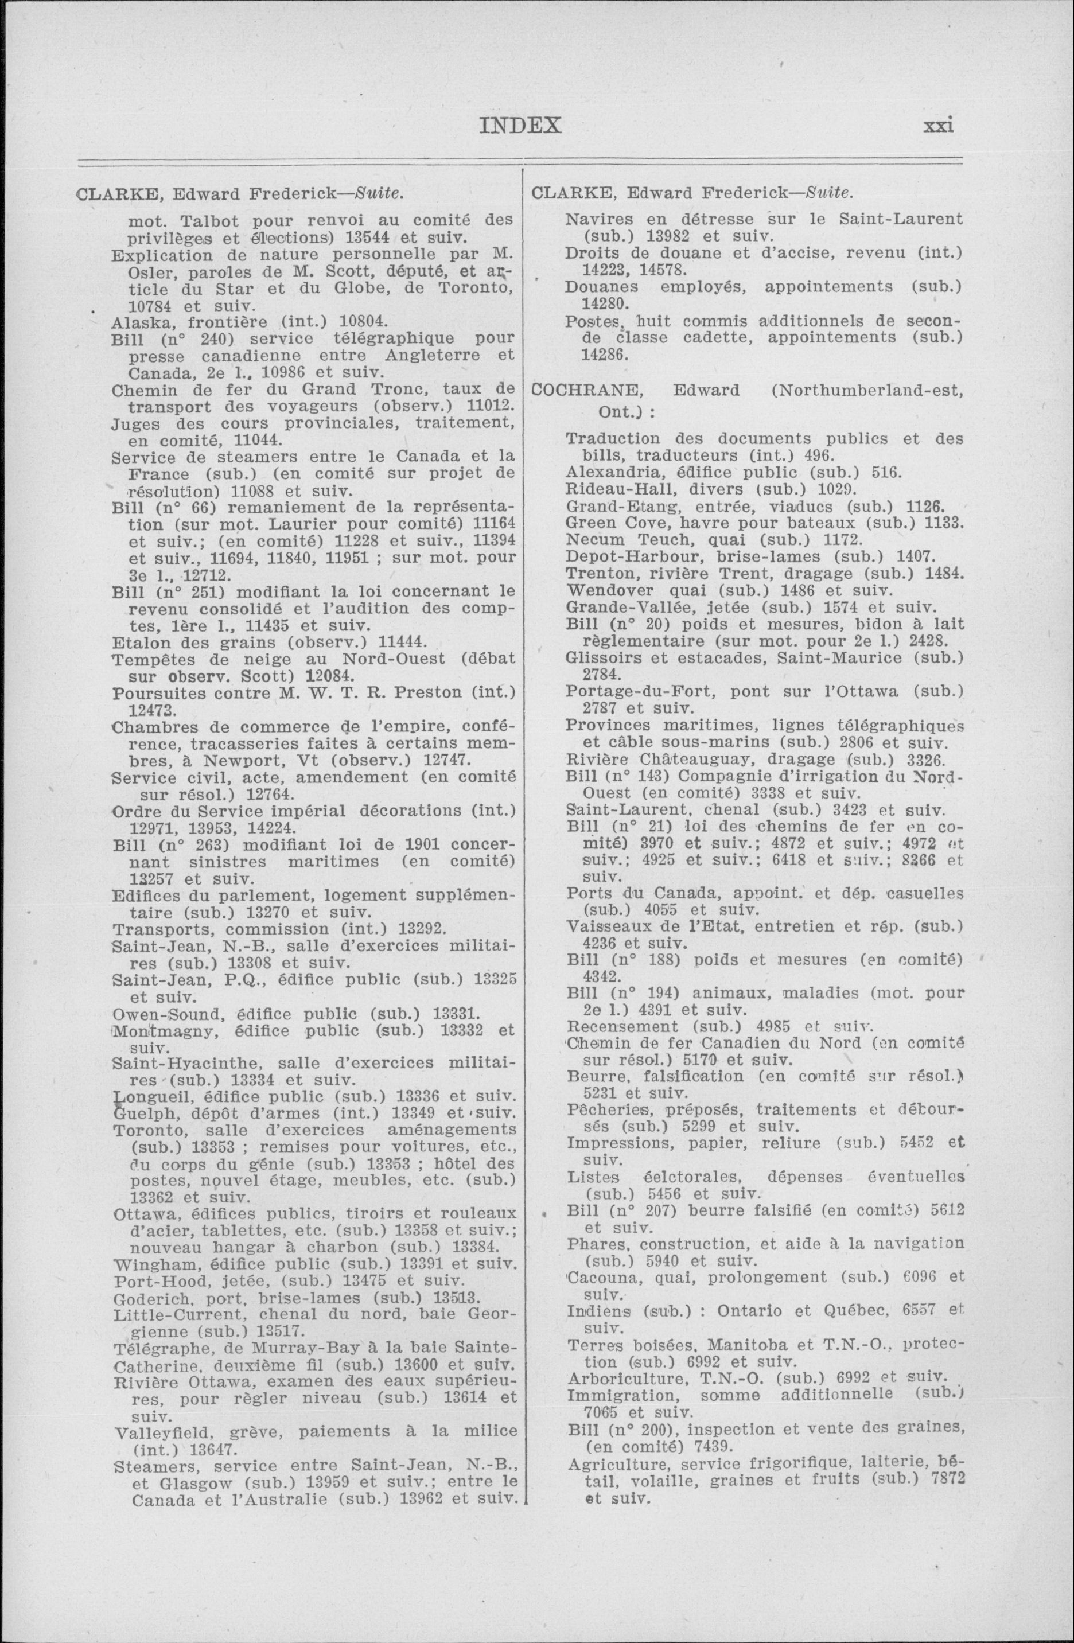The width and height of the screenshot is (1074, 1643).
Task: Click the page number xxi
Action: (x=938, y=126)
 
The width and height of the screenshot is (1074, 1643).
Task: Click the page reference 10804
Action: (x=364, y=322)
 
